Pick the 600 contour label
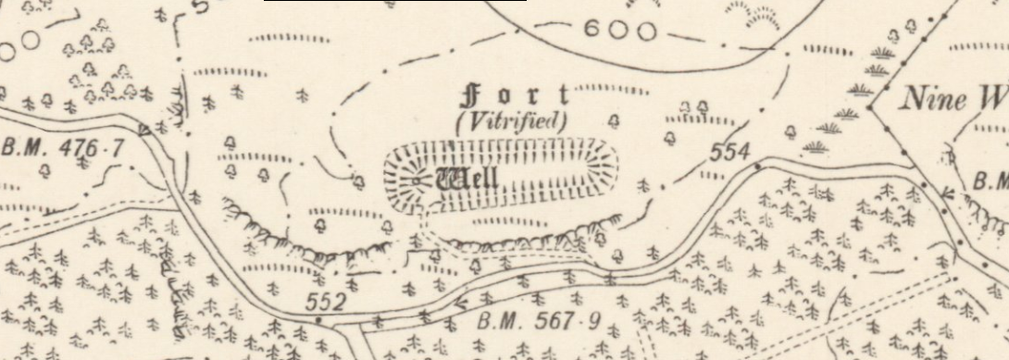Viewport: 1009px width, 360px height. pos(620,31)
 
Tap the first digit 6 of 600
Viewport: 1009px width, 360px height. pos(594,31)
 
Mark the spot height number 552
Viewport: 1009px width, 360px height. pos(326,302)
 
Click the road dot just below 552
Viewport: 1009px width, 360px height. pos(318,319)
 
